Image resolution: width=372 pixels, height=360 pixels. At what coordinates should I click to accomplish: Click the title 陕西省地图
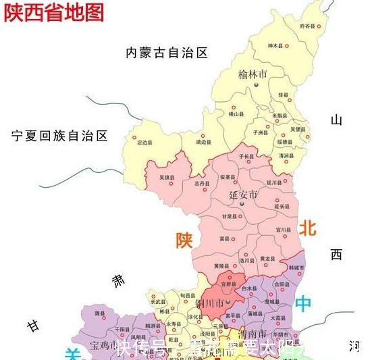tap(55, 11)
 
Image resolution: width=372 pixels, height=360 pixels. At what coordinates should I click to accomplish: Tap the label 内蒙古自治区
tap(166, 52)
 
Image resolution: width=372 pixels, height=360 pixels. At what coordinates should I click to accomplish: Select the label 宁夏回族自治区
tap(59, 136)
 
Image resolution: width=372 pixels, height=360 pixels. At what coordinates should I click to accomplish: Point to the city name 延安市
tap(243, 195)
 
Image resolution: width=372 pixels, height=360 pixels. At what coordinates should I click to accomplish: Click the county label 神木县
tap(273, 46)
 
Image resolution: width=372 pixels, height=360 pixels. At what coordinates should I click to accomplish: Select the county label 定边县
tap(144, 143)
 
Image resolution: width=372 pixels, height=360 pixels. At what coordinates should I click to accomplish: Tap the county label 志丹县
tap(201, 184)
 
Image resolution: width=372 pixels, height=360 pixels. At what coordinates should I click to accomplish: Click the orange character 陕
tap(184, 240)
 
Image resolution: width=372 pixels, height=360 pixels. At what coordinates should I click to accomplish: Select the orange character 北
tap(307, 228)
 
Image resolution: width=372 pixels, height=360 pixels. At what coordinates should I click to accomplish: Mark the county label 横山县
tap(234, 115)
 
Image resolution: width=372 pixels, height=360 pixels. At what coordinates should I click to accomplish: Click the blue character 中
tap(304, 303)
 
